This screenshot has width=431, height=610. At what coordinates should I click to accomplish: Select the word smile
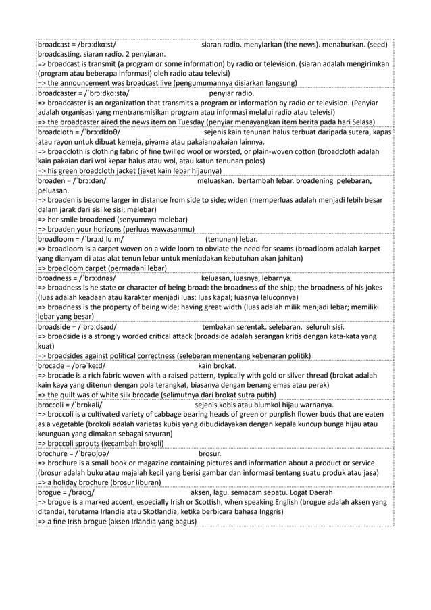click(x=76, y=220)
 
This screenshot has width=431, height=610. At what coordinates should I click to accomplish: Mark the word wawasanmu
click(x=174, y=229)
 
